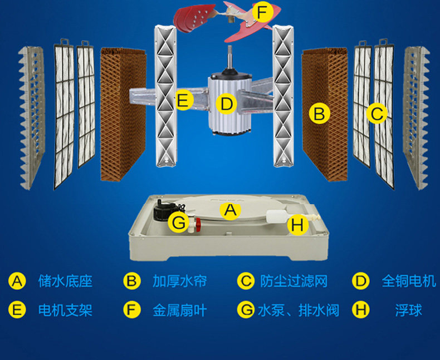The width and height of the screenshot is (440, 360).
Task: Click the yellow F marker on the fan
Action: pos(262,11)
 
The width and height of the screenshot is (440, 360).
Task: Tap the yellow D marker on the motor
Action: pos(226,103)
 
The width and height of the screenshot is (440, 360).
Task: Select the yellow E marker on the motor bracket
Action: pos(184,101)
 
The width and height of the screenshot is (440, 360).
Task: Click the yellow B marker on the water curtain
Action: pos(319,114)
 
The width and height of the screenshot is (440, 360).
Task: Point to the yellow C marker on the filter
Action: pos(377,114)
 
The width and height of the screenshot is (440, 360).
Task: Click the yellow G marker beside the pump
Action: pos(179,223)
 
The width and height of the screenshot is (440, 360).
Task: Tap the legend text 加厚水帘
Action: pos(179,281)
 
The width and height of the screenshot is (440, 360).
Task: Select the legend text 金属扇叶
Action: pos(179,310)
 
